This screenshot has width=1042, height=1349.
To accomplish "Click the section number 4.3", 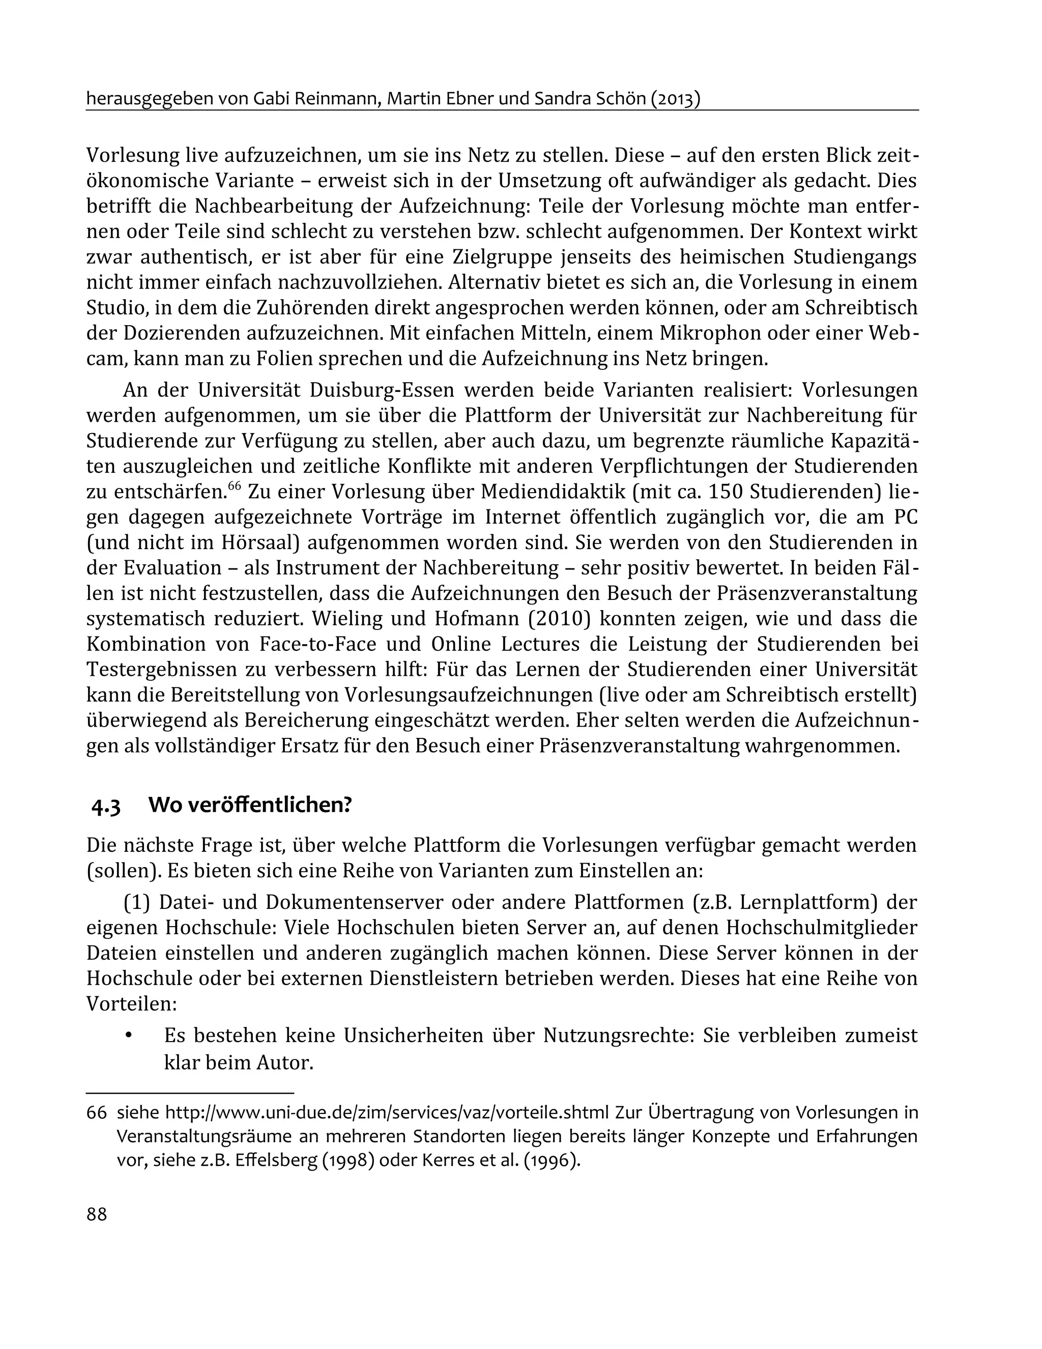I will tap(106, 806).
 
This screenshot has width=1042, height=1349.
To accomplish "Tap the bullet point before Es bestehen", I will tap(129, 1036).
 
